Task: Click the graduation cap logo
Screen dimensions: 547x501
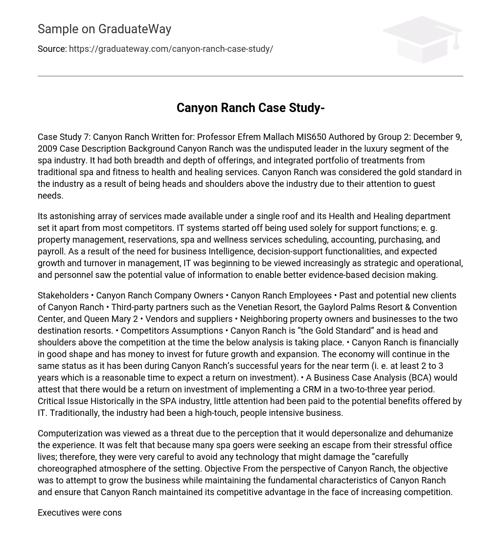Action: pyautogui.click(x=422, y=39)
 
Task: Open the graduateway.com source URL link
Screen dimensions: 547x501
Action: pyautogui.click(x=171, y=49)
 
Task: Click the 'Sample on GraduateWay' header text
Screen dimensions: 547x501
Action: pyautogui.click(x=104, y=29)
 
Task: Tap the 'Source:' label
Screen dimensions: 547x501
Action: pyautogui.click(x=52, y=49)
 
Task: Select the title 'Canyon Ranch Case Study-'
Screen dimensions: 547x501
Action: pyautogui.click(x=250, y=108)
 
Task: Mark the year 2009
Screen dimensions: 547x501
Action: pyautogui.click(x=48, y=149)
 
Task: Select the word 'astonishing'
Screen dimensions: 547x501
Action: pyautogui.click(x=74, y=216)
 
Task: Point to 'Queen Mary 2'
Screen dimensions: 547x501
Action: pyautogui.click(x=111, y=319)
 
